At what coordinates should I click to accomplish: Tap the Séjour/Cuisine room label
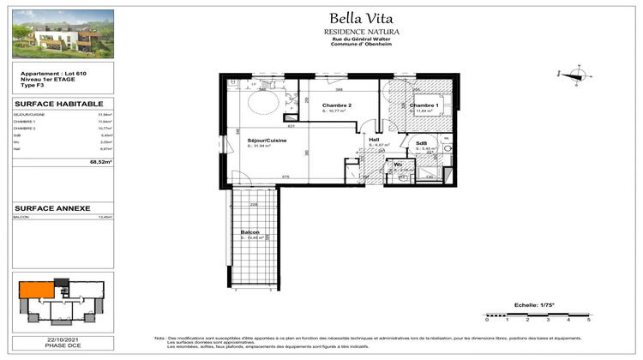tap(266, 140)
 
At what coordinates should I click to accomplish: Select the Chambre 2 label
tap(337, 105)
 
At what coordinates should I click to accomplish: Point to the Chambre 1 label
tap(424, 105)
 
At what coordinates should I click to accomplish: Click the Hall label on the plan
tap(375, 139)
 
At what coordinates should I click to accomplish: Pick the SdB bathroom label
tap(422, 142)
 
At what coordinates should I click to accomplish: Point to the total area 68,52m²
tap(102, 161)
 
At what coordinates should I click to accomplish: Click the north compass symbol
tap(573, 75)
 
